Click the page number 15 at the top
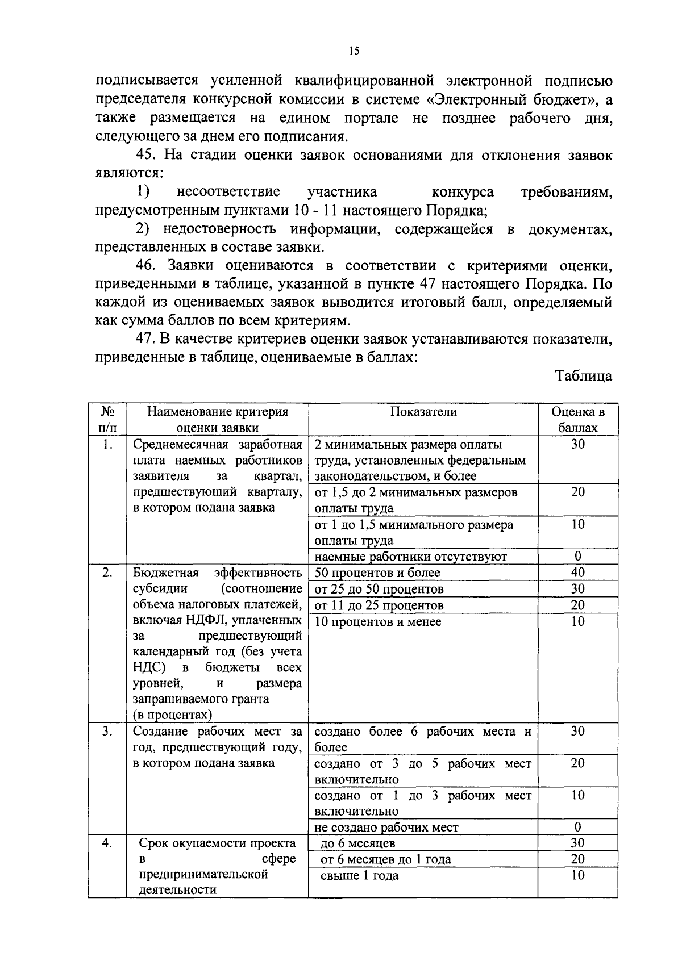(354, 51)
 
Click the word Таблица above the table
(584, 376)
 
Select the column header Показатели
(423, 412)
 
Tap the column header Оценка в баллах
(577, 420)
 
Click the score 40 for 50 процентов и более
(577, 573)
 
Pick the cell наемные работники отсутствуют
(410, 557)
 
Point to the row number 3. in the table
(107, 732)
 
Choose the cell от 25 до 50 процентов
(379, 589)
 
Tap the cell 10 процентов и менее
(378, 621)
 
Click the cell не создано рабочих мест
(386, 828)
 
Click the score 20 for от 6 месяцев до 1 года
(577, 859)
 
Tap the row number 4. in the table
(107, 843)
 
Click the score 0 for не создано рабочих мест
(577, 827)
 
